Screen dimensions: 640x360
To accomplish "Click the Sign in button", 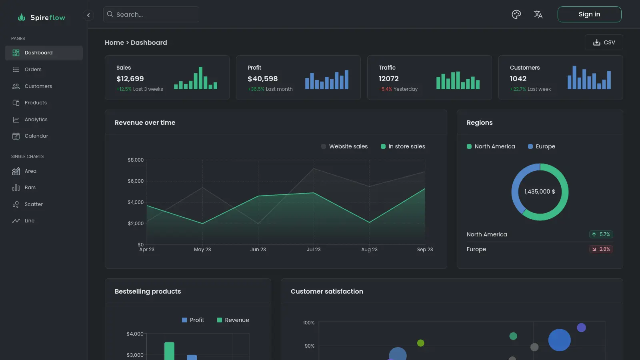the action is (x=589, y=14).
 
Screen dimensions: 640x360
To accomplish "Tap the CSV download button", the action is (x=604, y=42).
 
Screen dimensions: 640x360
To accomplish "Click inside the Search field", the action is (x=151, y=14).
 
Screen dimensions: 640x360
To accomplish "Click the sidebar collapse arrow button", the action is (x=88, y=15).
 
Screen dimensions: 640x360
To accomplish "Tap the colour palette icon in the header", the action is (x=516, y=14).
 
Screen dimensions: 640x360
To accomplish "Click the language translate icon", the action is (x=538, y=14).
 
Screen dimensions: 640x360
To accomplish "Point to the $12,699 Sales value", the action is (x=130, y=78).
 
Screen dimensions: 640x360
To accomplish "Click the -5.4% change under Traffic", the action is (x=386, y=89).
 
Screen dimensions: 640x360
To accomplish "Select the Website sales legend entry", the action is (x=344, y=146).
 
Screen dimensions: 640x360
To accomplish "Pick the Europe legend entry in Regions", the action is (x=542, y=146).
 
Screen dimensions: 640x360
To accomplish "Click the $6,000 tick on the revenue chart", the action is (x=136, y=181).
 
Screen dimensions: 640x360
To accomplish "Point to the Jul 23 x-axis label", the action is (x=314, y=250).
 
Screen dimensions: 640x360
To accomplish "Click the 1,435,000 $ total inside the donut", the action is (x=540, y=192).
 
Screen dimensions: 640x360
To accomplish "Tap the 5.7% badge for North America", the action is (x=601, y=234).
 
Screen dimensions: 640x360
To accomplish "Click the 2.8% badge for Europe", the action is (x=601, y=249).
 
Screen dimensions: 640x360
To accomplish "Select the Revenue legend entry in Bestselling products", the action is (x=233, y=320).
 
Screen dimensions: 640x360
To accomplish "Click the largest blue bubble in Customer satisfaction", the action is (x=559, y=340).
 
